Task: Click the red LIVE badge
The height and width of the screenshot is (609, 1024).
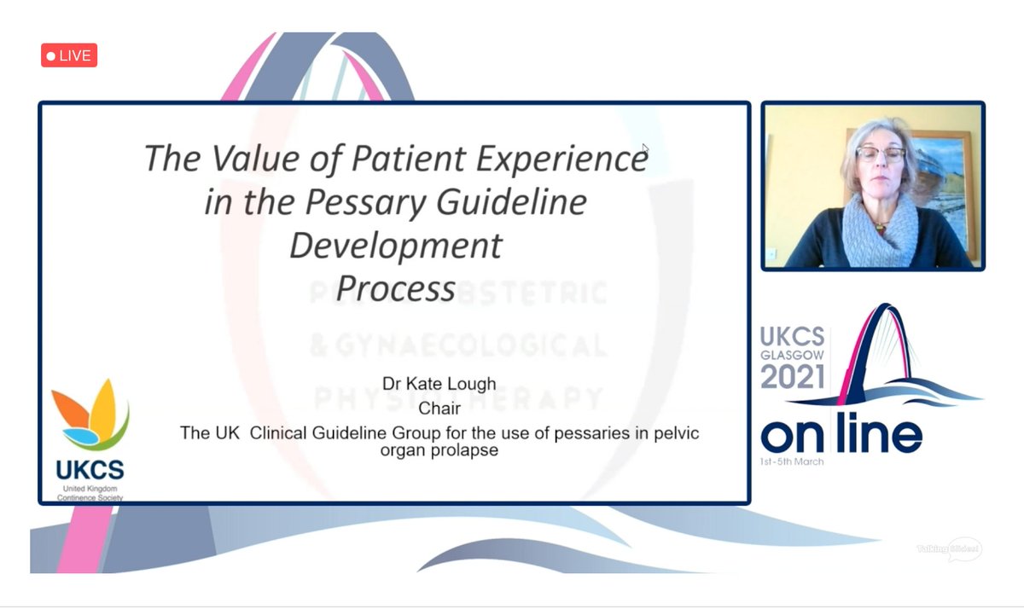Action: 69,55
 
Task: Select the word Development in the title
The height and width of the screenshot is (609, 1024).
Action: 395,246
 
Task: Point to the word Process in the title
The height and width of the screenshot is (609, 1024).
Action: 395,288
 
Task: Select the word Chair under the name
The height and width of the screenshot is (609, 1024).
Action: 439,411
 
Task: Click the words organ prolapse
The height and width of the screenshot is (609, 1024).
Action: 439,449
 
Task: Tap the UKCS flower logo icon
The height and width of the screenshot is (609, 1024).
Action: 90,415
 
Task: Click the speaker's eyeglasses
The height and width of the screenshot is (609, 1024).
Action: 879,154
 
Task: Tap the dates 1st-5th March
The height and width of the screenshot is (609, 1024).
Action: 792,461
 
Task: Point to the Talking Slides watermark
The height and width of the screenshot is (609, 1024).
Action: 949,549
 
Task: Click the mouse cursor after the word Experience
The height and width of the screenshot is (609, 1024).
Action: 646,150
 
